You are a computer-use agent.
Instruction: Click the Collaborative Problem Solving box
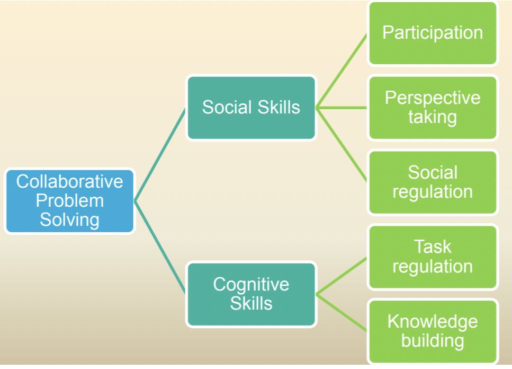point(69,201)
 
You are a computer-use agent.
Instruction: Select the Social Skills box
point(251,108)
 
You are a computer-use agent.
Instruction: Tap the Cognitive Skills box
point(251,294)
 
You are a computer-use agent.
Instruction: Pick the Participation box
point(433,33)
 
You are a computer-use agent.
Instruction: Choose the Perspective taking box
point(433,108)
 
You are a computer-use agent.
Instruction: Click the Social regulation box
point(433,182)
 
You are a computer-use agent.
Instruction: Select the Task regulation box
point(433,257)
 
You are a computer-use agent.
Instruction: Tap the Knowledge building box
point(433,331)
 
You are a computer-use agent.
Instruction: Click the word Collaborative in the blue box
point(69,181)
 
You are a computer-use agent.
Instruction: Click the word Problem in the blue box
point(69,201)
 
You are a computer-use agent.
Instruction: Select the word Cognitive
point(251,285)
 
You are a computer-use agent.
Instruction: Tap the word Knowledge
point(433,322)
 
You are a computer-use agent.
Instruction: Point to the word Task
point(433,247)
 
